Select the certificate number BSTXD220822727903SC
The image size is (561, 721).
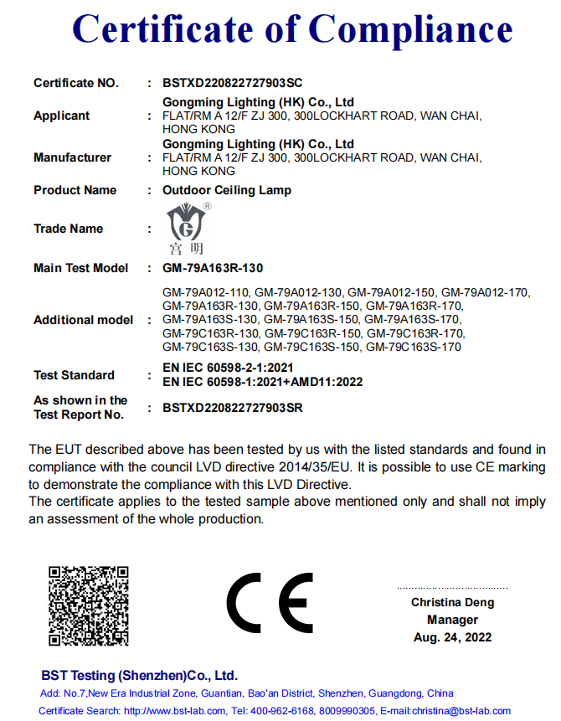click(232, 83)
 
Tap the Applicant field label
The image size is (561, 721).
click(61, 116)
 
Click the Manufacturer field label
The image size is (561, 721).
click(72, 157)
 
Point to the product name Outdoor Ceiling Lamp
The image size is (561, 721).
click(226, 190)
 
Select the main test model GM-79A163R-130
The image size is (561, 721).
click(213, 268)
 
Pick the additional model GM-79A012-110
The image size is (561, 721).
click(206, 293)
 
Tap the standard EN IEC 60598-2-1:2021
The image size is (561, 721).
click(228, 368)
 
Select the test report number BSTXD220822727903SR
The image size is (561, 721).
click(232, 408)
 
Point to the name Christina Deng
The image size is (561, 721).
click(452, 602)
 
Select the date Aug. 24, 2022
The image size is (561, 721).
click(452, 637)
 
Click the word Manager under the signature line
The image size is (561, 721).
click(452, 620)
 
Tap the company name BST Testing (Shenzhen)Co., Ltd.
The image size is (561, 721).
click(139, 675)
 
